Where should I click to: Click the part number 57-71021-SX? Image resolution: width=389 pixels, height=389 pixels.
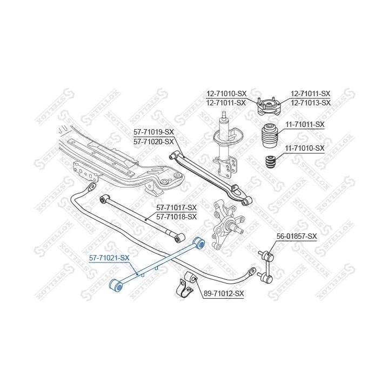109,258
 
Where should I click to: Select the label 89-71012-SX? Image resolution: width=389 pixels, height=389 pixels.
224,294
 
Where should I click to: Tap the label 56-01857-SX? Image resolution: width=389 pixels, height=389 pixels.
297,236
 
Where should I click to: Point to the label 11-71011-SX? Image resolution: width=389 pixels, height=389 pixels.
305,124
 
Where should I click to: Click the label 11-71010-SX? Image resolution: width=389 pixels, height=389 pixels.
305,147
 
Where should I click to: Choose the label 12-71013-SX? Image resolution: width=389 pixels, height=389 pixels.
311,102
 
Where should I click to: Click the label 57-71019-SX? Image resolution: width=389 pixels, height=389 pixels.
154,132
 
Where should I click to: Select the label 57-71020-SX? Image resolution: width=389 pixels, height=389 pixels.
154,141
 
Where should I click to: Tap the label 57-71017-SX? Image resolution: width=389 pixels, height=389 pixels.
177,207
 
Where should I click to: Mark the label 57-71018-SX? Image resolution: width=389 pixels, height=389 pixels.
177,217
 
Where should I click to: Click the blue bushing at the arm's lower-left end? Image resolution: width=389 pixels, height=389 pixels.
116,286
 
